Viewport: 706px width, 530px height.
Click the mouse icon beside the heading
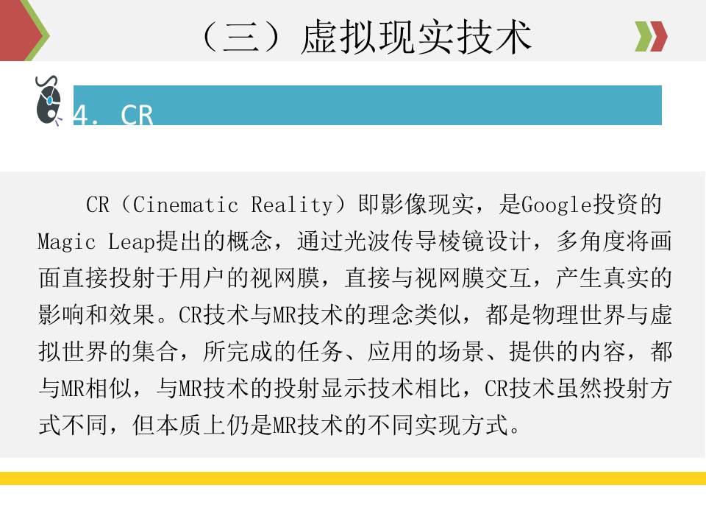(49, 101)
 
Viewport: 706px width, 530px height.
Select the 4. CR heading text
(114, 115)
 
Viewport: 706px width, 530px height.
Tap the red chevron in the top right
(659, 37)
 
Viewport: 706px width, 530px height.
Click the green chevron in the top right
(643, 37)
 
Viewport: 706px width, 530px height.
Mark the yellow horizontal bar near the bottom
(353, 478)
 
